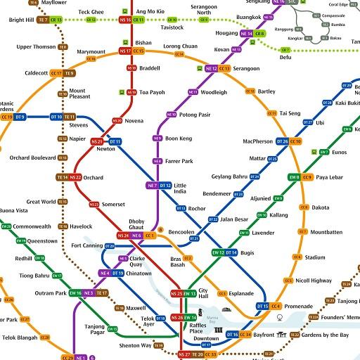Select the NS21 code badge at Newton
(x=97, y=142)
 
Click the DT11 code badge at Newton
(x=115, y=142)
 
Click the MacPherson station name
(x=257, y=141)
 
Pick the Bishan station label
(x=143, y=42)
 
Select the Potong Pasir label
(x=195, y=114)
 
